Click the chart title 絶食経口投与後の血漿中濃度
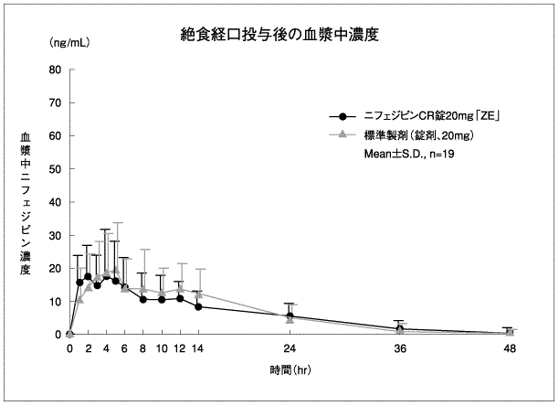(280, 36)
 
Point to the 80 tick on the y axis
(55, 69)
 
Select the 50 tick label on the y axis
(55, 169)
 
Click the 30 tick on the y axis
(55, 235)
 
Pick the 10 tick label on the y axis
(55, 301)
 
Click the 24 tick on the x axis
(290, 348)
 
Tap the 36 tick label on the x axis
(399, 348)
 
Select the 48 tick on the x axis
(509, 348)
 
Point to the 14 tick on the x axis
(198, 348)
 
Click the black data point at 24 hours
(290, 315)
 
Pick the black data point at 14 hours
(198, 306)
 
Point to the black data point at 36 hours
(399, 328)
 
